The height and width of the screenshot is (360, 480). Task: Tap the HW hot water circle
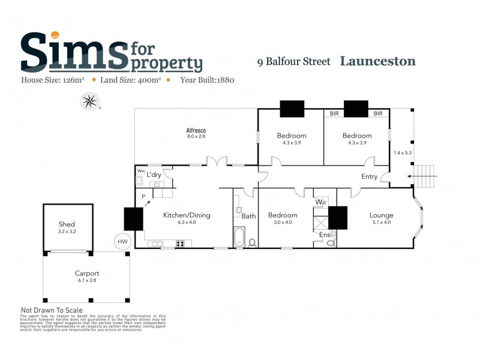click(x=122, y=241)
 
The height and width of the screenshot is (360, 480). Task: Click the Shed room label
click(x=67, y=224)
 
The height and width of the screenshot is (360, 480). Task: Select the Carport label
click(x=86, y=274)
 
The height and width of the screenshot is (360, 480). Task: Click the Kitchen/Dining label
click(x=187, y=215)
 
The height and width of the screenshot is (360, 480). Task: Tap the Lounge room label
click(x=381, y=215)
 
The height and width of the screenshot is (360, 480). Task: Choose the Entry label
click(x=369, y=176)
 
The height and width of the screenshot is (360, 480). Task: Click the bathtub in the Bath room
click(x=239, y=237)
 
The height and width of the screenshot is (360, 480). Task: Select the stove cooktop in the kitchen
click(x=179, y=243)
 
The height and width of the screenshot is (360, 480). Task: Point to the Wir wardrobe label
click(x=321, y=203)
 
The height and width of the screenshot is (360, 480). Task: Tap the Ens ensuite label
click(x=324, y=235)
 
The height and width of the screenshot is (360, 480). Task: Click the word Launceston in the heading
click(x=377, y=61)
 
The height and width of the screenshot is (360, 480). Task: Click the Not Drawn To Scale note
click(x=52, y=310)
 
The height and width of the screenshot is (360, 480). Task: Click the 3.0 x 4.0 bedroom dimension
click(x=283, y=223)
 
